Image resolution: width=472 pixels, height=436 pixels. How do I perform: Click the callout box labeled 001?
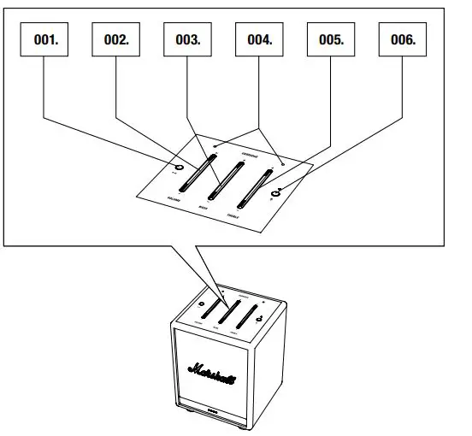tap(45, 39)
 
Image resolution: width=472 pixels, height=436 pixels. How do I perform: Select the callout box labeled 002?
tap(116, 39)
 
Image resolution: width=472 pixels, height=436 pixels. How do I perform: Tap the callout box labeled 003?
tap(188, 39)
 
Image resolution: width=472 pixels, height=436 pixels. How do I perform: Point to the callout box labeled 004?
tap(260, 39)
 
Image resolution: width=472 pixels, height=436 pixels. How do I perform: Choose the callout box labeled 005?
tap(331, 39)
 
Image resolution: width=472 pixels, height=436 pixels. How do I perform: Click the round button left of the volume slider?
tap(177, 167)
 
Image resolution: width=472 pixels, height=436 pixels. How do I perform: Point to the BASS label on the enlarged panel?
tap(203, 207)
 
